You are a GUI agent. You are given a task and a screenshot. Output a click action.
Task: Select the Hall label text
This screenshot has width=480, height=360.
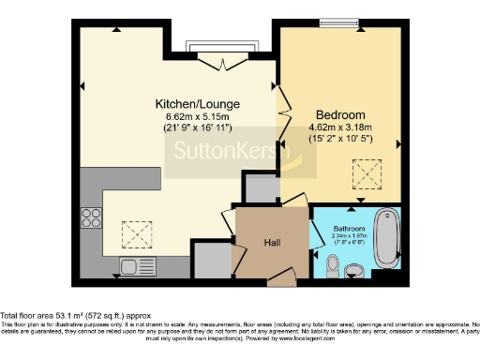pos(273,243)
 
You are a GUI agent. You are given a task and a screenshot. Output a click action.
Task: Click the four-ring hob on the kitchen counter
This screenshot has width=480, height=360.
pos(93,218)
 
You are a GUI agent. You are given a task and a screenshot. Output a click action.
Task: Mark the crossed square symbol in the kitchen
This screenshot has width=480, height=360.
pos(138,231)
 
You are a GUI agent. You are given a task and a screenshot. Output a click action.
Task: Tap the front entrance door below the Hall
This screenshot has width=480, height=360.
pos(280,280)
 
